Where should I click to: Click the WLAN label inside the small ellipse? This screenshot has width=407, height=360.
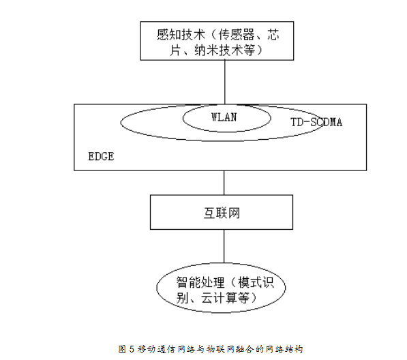pyautogui.click(x=224, y=117)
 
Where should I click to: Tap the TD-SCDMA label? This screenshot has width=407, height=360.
pyautogui.click(x=316, y=122)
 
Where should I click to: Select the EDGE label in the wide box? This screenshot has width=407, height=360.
pyautogui.click(x=101, y=157)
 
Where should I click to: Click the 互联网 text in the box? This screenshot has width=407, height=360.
pyautogui.click(x=222, y=213)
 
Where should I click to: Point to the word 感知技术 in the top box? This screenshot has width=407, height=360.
pyautogui.click(x=181, y=35)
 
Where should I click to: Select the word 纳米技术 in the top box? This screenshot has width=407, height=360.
pyautogui.click(x=219, y=50)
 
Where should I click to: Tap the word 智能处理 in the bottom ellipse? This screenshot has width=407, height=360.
pyautogui.click(x=200, y=282)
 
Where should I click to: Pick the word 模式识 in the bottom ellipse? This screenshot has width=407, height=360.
pyautogui.click(x=256, y=282)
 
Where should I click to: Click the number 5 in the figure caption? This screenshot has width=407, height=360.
pyautogui.click(x=132, y=349)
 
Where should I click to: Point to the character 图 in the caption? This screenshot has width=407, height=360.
pyautogui.click(x=122, y=349)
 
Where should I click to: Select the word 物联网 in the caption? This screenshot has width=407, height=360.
pyautogui.click(x=220, y=349)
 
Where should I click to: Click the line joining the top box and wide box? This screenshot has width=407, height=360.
pyautogui.click(x=225, y=82)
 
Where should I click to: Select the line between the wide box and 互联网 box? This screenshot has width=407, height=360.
pyautogui.click(x=224, y=183)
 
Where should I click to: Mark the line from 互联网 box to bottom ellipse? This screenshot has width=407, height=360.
pyautogui.click(x=224, y=246)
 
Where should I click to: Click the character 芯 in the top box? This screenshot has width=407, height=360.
pyautogui.click(x=273, y=35)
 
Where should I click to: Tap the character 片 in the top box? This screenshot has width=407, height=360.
pyautogui.click(x=176, y=50)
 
